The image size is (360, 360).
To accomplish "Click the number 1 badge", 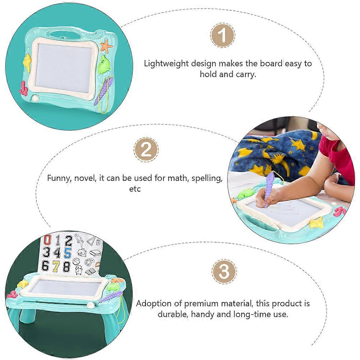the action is (x=222, y=36).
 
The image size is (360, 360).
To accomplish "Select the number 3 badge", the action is (x=224, y=271).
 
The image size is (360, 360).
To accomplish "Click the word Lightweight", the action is (x=166, y=64).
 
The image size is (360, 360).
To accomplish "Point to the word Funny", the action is (x=59, y=179).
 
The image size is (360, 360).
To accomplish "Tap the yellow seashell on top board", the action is (x=27, y=62).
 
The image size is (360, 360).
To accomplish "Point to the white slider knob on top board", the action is (x=36, y=98).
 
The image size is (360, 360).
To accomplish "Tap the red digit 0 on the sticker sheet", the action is (x=47, y=240).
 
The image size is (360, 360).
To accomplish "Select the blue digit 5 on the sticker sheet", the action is (x=68, y=253).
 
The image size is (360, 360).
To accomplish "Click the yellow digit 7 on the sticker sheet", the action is (x=56, y=266).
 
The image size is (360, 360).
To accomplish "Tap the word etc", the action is (x=135, y=189).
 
